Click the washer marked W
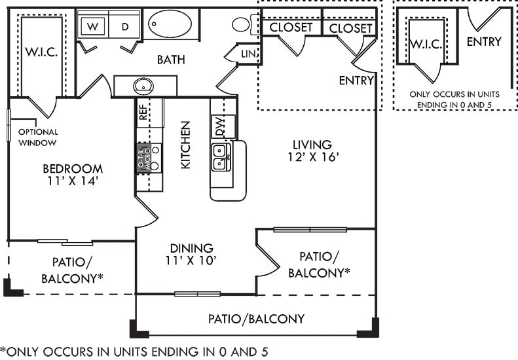pos(93,26)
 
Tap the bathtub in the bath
pos(170,24)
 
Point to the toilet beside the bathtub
pos(242,25)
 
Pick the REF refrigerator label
pos(142,115)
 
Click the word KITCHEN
pos(185,145)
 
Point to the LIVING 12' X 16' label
pos(312,151)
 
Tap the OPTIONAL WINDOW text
pos(37,137)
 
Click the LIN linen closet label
pos(248,53)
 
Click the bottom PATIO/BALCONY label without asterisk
pos(256,319)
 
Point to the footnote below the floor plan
pos(134,351)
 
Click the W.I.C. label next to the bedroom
pos(42,52)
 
